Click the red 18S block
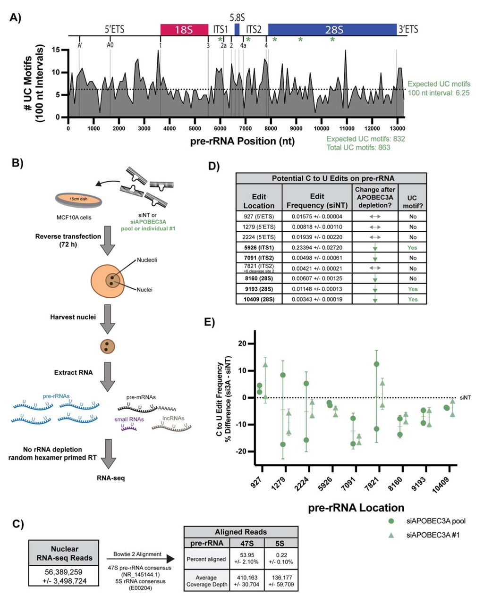click(184, 29)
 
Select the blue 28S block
click(332, 29)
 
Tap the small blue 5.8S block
click(237, 29)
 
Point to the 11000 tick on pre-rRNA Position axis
click(347, 128)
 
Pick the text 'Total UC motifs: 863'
click(358, 147)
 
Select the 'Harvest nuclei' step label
click(73, 317)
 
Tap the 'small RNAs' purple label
click(129, 419)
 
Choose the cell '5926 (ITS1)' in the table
click(259, 247)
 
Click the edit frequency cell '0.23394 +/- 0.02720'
click(317, 247)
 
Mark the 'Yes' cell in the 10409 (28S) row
click(412, 299)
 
